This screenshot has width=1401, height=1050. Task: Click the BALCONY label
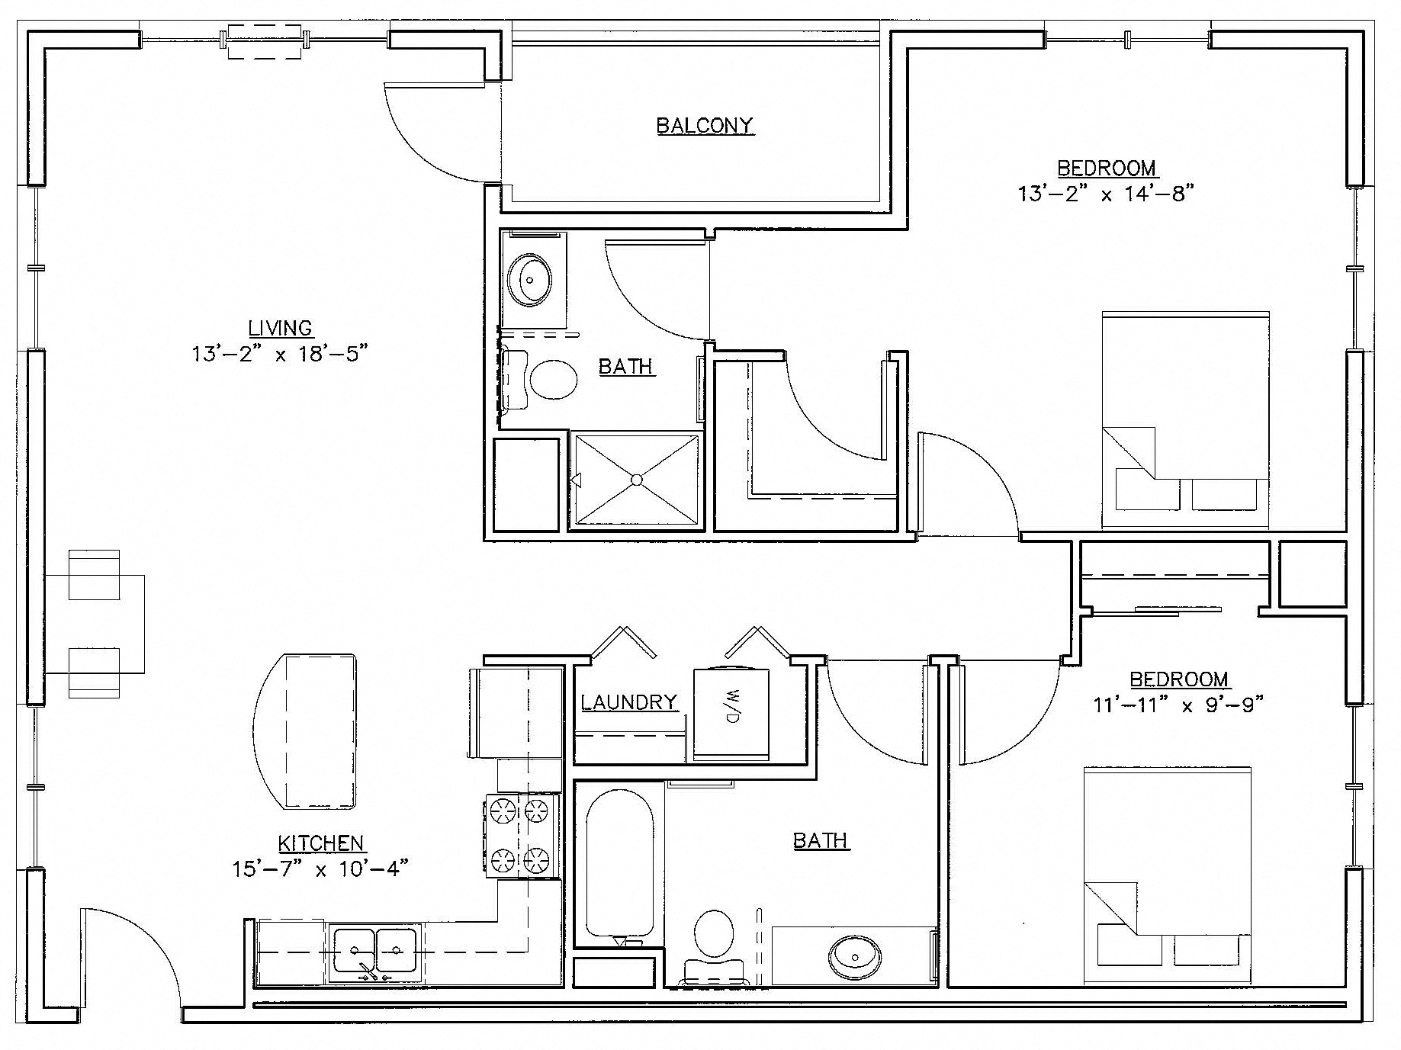(705, 125)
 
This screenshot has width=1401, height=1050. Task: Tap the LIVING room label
(281, 328)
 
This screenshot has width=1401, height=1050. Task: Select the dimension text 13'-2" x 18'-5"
(281, 354)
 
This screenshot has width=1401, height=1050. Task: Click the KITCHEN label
(320, 843)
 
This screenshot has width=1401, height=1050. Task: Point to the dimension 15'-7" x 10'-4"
(320, 869)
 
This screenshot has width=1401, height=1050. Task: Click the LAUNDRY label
(629, 702)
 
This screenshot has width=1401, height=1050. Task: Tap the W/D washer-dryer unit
(731, 714)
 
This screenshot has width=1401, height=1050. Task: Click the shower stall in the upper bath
(635, 480)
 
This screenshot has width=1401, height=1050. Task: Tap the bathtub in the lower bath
(619, 862)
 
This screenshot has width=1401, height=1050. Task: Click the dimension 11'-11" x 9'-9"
(1178, 705)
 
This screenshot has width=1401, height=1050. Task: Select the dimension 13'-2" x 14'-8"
(1105, 194)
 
